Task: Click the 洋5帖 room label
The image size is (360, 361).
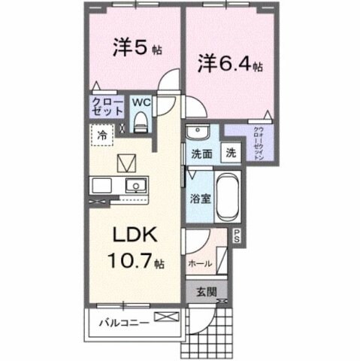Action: tap(136, 49)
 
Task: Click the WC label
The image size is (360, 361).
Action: tap(141, 99)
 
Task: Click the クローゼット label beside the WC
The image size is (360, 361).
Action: tap(107, 106)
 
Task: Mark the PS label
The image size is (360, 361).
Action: tap(236, 235)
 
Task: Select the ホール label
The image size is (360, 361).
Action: tap(199, 264)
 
